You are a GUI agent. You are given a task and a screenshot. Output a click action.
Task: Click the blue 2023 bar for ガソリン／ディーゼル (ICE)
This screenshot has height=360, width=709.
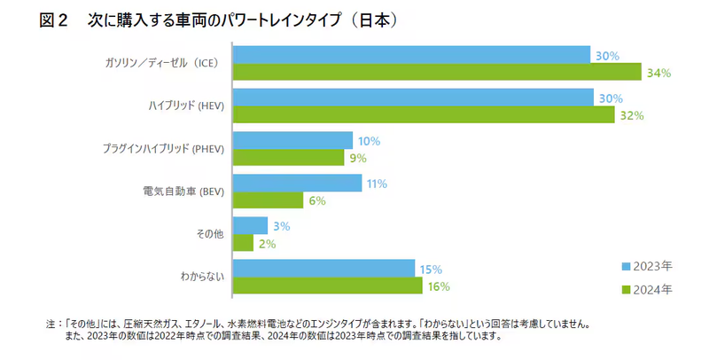411,55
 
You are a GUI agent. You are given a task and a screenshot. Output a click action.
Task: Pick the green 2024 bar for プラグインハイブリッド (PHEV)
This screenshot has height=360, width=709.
288,158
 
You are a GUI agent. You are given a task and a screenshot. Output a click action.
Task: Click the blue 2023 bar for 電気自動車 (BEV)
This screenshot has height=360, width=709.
297,183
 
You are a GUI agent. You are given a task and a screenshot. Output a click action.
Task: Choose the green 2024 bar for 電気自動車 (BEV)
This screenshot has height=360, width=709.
268,200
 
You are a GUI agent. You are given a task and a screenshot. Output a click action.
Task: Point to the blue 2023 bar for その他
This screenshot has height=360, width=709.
250,225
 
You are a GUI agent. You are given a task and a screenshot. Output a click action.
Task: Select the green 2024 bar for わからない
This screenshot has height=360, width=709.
328,286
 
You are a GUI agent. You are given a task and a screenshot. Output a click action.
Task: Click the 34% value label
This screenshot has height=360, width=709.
658,73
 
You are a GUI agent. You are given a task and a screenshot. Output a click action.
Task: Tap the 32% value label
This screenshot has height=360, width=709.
632,115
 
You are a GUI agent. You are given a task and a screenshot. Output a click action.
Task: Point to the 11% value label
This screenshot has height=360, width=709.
378,184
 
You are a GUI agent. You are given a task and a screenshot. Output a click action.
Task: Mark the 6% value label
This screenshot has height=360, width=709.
317,201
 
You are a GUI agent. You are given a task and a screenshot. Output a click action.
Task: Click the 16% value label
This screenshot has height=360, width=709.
439,286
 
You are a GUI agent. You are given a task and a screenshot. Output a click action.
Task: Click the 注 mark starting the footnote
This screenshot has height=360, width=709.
50,325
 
